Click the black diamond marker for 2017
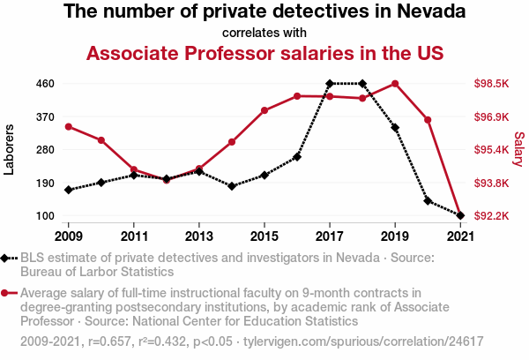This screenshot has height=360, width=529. [x=330, y=84]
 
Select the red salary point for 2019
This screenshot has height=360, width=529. [x=395, y=84]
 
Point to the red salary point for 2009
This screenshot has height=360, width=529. [x=68, y=126]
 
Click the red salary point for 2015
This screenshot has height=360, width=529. [x=264, y=110]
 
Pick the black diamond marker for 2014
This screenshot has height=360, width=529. [x=232, y=186]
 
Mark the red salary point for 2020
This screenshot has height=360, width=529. [x=428, y=119]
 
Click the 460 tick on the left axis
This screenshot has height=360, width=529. [x=46, y=84]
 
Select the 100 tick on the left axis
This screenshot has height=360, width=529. [x=46, y=216]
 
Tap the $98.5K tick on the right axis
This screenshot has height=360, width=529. [x=491, y=84]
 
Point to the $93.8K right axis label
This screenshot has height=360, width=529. [x=491, y=183]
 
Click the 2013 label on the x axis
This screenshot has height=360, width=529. [x=199, y=236]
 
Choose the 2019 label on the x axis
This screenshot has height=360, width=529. [x=395, y=236]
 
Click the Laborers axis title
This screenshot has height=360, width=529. [x=10, y=150]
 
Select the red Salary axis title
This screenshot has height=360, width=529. [x=519, y=150]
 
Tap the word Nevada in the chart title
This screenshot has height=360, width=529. [x=429, y=13]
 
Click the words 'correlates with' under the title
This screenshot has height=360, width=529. [x=264, y=34]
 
